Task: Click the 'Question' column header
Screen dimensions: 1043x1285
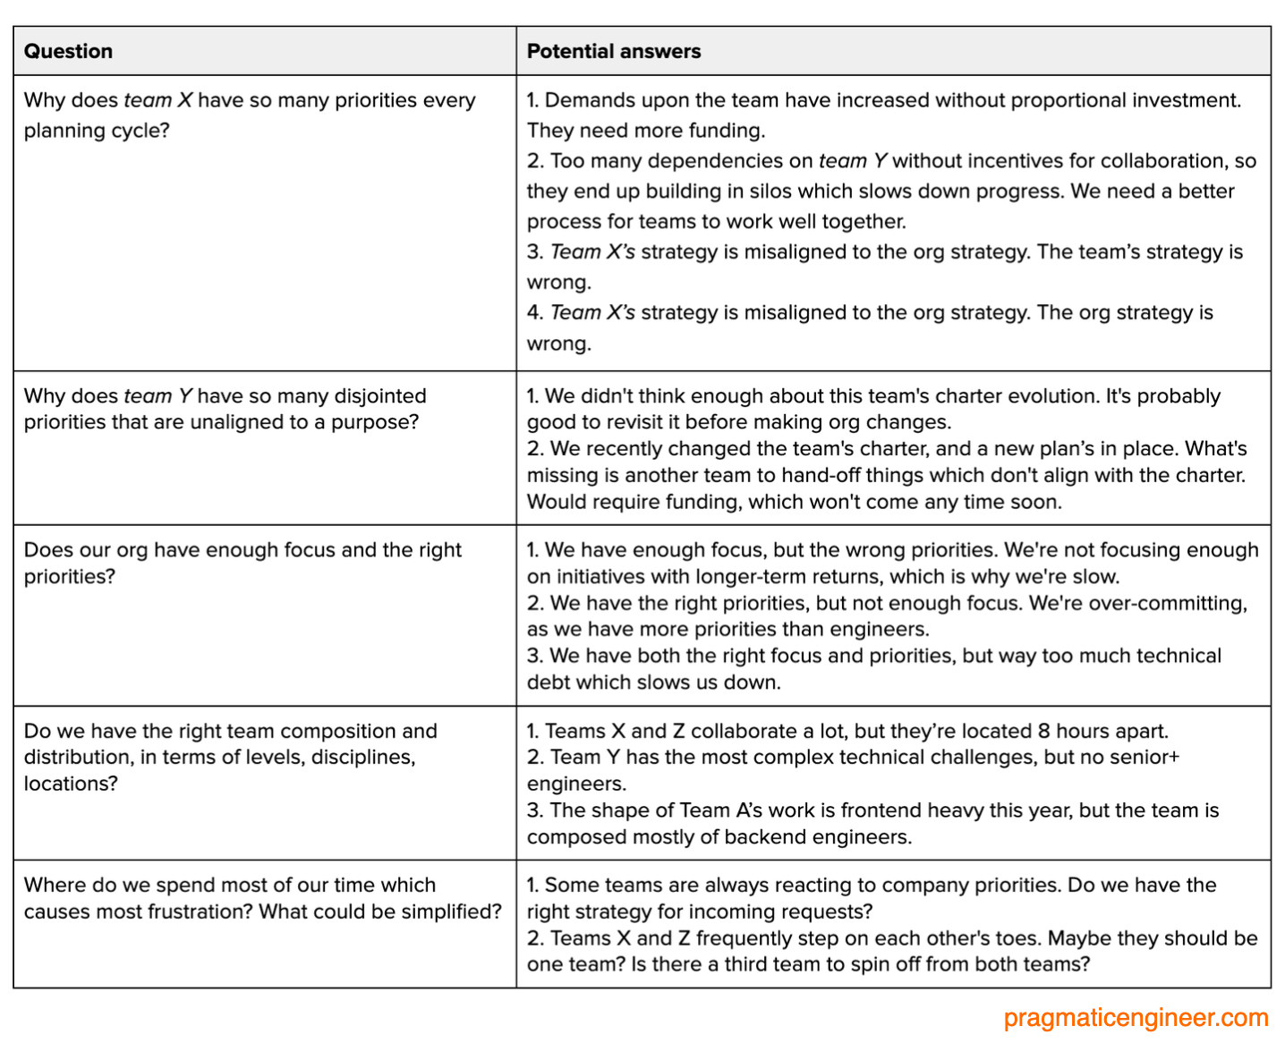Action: coord(68,51)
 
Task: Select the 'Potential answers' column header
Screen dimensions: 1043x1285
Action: coord(613,51)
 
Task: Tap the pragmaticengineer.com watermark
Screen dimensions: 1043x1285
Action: coord(1136,1017)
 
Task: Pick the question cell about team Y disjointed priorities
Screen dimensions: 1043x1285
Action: coord(225,409)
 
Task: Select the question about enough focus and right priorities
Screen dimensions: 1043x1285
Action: coord(243,563)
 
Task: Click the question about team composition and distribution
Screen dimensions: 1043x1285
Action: coord(230,757)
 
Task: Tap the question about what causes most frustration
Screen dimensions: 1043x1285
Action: coord(262,898)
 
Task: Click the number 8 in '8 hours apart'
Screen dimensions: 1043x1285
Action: coord(1043,731)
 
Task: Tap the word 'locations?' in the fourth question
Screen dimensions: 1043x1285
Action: coord(71,784)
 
